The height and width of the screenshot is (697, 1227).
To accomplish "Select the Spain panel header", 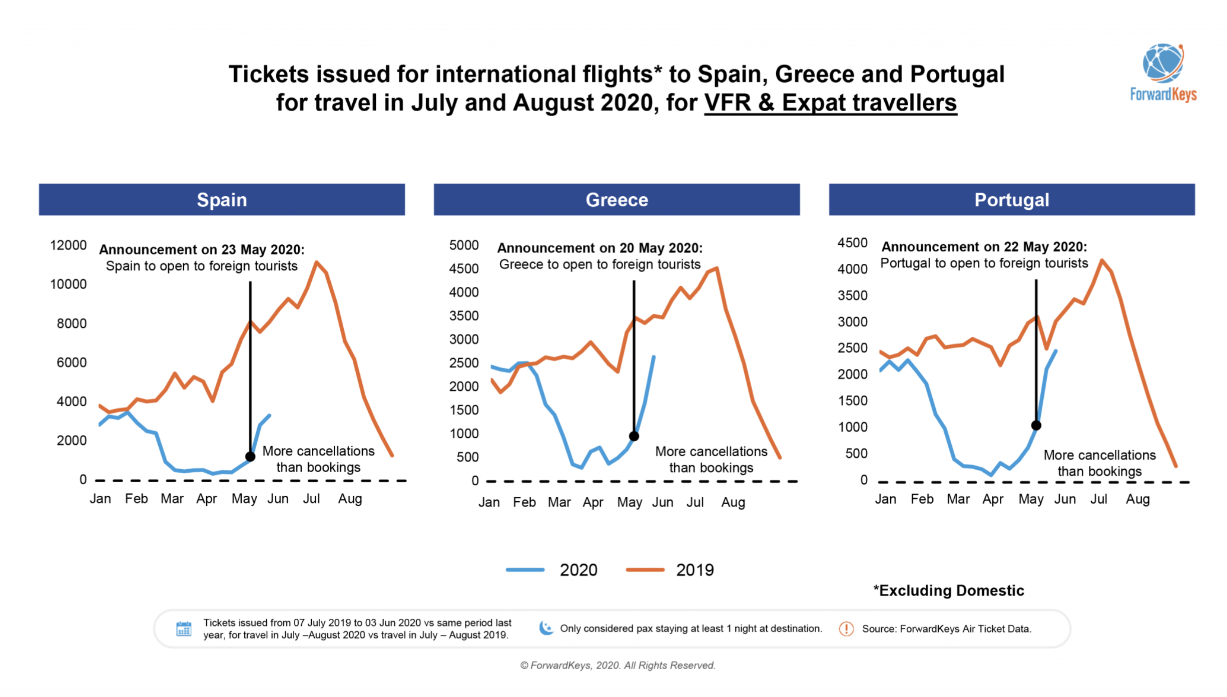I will pos(222,200).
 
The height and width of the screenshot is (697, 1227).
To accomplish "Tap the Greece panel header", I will pos(617,200).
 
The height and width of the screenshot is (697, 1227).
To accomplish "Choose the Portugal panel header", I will pos(1011,200).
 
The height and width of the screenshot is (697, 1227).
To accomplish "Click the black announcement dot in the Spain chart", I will pos(250,457).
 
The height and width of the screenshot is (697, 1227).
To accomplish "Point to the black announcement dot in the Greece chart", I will pos(634,436).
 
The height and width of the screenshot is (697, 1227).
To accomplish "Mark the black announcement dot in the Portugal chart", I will pos(1036,426).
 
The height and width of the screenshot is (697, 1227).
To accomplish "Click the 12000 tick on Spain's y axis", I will pos(69,245).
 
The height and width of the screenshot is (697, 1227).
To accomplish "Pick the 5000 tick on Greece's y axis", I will pos(464,245).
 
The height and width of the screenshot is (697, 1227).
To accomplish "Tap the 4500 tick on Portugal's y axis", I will pos(852,243).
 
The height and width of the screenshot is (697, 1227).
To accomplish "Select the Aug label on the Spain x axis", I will pos(350,499).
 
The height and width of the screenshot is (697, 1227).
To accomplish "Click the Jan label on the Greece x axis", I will pos(489,502).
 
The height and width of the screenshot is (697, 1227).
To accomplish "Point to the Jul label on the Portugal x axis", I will pos(1099,499).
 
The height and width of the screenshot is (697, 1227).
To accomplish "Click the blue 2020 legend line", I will pos(525,570).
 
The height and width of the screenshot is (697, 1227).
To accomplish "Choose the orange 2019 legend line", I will pos(645,570).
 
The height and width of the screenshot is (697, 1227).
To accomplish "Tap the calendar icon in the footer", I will pos(184,629).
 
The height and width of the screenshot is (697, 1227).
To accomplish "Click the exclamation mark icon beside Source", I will pos(846,629).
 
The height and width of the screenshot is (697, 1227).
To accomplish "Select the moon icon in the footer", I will pos(546,628).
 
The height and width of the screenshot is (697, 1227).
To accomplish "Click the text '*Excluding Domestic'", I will pos(949,591).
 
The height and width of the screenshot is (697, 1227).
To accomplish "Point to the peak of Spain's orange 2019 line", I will pos(316,262).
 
